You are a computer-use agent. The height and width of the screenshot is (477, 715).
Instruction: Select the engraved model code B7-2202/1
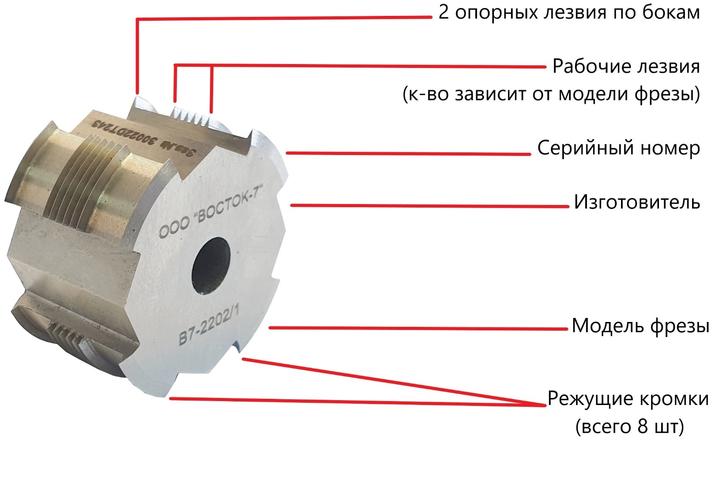pos(209,325)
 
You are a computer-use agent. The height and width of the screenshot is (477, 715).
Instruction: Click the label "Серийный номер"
pos(619,148)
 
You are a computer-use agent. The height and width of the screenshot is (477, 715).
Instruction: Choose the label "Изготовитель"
pos(637,202)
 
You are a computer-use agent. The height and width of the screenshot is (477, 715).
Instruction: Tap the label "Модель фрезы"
pos(640,326)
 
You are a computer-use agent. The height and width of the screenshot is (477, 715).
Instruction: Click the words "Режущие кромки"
pos(628,399)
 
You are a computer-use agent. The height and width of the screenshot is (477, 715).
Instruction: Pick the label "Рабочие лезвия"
pos(626,66)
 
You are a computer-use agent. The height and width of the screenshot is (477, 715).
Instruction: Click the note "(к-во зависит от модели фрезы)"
pos(551,94)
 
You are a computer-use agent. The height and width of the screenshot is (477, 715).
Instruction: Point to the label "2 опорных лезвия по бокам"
pos(569,13)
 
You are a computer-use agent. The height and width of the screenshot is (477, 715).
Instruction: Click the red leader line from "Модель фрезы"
pos(418,328)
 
